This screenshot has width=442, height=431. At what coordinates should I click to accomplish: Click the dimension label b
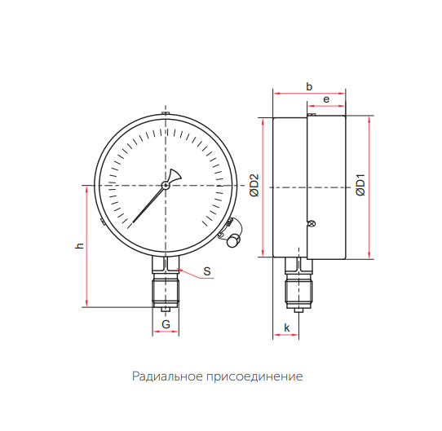click(309, 86)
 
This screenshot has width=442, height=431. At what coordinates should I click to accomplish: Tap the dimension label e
click(326, 99)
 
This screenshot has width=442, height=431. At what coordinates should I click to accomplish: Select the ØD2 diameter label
click(254, 186)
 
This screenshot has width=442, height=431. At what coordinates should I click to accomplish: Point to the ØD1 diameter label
click(360, 185)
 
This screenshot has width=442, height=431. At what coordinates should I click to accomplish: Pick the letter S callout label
click(207, 271)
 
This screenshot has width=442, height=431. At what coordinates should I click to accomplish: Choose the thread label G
click(166, 324)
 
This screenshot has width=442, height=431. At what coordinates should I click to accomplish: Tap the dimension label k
click(287, 328)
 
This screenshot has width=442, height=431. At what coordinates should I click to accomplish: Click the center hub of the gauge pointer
click(166, 185)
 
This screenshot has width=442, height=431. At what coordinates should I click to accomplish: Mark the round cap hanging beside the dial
click(234, 241)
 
